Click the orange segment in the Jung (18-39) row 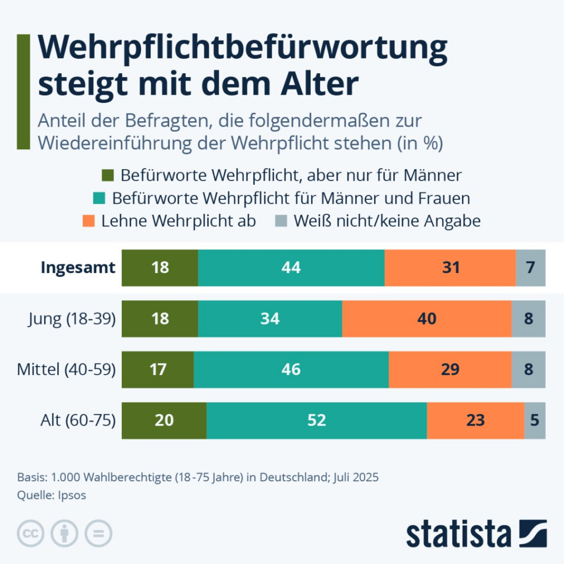pyautogui.click(x=427, y=319)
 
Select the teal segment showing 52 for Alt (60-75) pyautogui.click(x=317, y=421)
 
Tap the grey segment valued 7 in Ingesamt pyautogui.click(x=530, y=268)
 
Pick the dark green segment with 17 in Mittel pyautogui.click(x=158, y=370)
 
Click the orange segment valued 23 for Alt pyautogui.click(x=475, y=421)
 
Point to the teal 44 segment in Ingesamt pyautogui.click(x=291, y=268)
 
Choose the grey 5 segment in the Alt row pyautogui.click(x=535, y=421)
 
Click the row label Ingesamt pyautogui.click(x=78, y=268)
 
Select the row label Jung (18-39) pyautogui.click(x=72, y=319)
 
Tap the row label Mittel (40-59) pyautogui.click(x=66, y=370)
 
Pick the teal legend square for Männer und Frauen pyautogui.click(x=100, y=198)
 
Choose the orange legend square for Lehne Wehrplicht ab pyautogui.click(x=89, y=221)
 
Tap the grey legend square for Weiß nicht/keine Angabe pyautogui.click(x=280, y=221)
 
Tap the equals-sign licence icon pyautogui.click(x=98, y=533)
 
